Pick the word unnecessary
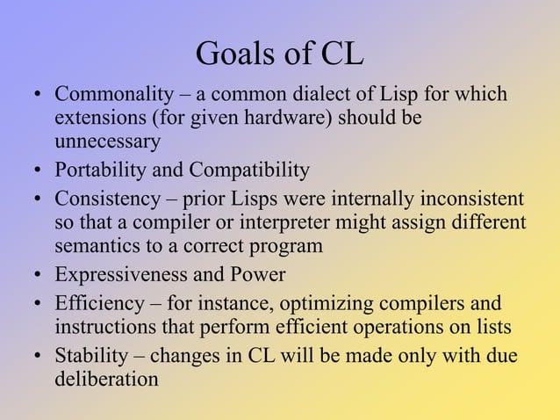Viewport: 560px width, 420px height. click(x=108, y=141)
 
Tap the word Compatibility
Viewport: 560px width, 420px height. click(x=249, y=170)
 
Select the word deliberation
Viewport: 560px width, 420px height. click(x=107, y=380)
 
